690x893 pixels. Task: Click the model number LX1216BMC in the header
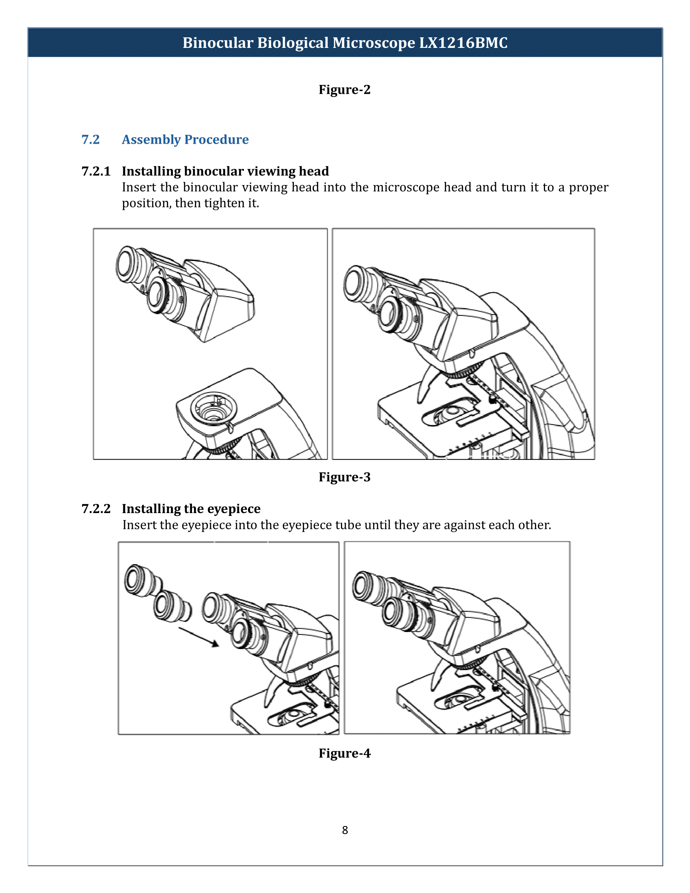pos(463,43)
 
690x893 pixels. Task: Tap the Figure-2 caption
pos(345,90)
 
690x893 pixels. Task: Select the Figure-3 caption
pos(345,477)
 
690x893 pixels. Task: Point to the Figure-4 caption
pos(345,753)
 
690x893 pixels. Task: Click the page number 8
pos(345,830)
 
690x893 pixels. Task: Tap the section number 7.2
pos(91,139)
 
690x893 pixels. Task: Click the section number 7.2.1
pos(96,171)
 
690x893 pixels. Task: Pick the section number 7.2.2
pos(96,509)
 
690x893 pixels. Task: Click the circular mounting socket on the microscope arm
pos(213,408)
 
